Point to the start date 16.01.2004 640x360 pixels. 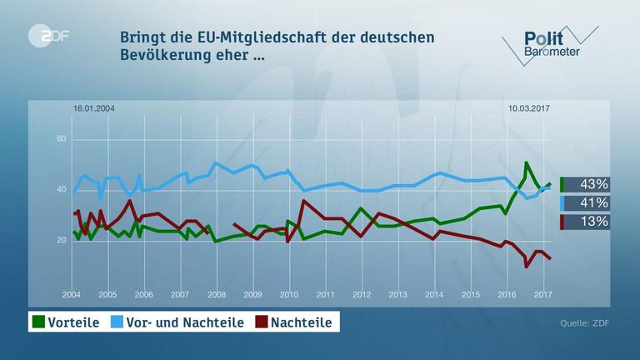coord(94,109)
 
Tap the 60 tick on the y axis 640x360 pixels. coord(61,138)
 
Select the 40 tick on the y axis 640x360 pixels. coord(61,190)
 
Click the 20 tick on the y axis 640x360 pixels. coord(61,241)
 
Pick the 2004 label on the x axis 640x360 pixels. coord(72,295)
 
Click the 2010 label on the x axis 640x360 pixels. coord(288,295)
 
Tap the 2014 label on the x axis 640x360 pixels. coord(433,295)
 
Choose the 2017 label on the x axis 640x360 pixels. coord(542,295)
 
